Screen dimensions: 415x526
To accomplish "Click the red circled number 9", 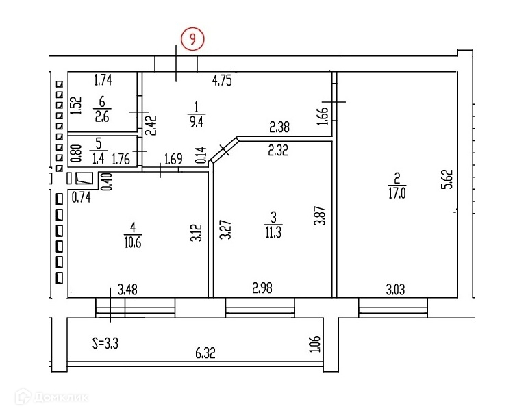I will click(x=192, y=39).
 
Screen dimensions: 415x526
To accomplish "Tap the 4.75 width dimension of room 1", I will click(x=222, y=80).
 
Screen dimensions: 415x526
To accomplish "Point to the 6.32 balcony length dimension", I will click(x=205, y=353).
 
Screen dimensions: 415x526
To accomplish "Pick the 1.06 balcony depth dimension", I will click(x=314, y=343).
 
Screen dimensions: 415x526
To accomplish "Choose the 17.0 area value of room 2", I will click(x=394, y=192).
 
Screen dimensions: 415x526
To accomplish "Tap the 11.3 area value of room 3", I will click(x=273, y=231).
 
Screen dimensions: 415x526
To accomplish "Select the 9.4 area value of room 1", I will click(x=197, y=121).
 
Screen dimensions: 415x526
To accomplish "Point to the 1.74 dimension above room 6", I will click(x=103, y=80).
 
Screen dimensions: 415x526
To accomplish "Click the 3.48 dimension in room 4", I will click(x=127, y=290).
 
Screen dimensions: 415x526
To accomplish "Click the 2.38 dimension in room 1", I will click(x=279, y=127).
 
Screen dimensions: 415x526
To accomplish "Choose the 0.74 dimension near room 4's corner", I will click(x=81, y=199).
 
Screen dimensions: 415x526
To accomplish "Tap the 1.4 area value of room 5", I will click(x=98, y=158).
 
